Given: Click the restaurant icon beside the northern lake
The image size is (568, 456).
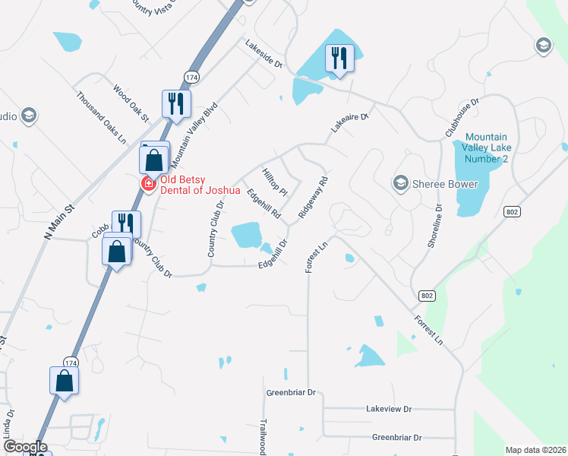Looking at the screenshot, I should click(339, 59).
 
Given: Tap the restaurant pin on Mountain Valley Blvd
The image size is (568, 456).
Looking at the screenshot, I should click(176, 104).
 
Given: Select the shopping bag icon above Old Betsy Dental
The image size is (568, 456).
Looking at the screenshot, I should click(153, 160).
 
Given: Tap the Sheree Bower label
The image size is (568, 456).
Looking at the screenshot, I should click(445, 184).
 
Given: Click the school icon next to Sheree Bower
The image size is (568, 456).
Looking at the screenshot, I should click(400, 183).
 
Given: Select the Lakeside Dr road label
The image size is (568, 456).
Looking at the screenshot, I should click(263, 55).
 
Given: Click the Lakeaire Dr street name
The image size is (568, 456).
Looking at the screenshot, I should click(349, 123).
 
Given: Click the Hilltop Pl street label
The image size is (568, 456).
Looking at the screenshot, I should click(273, 181).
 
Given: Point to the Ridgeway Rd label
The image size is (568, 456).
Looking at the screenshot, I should click(313, 198).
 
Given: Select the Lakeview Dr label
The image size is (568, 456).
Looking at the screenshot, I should click(388, 409).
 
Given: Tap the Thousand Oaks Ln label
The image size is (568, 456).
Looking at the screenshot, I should click(102, 118).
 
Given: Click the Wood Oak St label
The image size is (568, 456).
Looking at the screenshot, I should click(131, 103).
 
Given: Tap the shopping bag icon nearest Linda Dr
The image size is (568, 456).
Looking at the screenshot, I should click(65, 380).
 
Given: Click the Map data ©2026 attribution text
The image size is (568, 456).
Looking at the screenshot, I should click(536, 450).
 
